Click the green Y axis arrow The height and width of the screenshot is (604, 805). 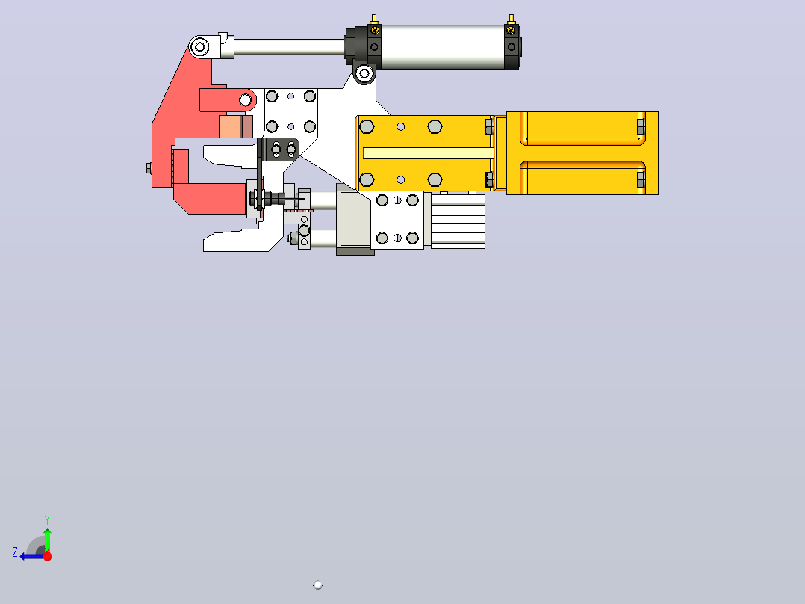[47, 540]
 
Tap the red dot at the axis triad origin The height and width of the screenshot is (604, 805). [47, 556]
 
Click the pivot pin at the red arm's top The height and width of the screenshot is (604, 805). [199, 47]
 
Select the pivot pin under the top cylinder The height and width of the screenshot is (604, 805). [364, 73]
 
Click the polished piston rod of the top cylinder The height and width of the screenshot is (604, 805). [289, 47]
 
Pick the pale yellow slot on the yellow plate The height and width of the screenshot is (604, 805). [428, 153]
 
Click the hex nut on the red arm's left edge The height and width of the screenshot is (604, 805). [149, 168]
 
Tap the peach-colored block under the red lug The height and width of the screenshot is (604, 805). [230, 126]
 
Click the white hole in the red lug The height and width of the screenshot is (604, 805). [246, 99]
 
